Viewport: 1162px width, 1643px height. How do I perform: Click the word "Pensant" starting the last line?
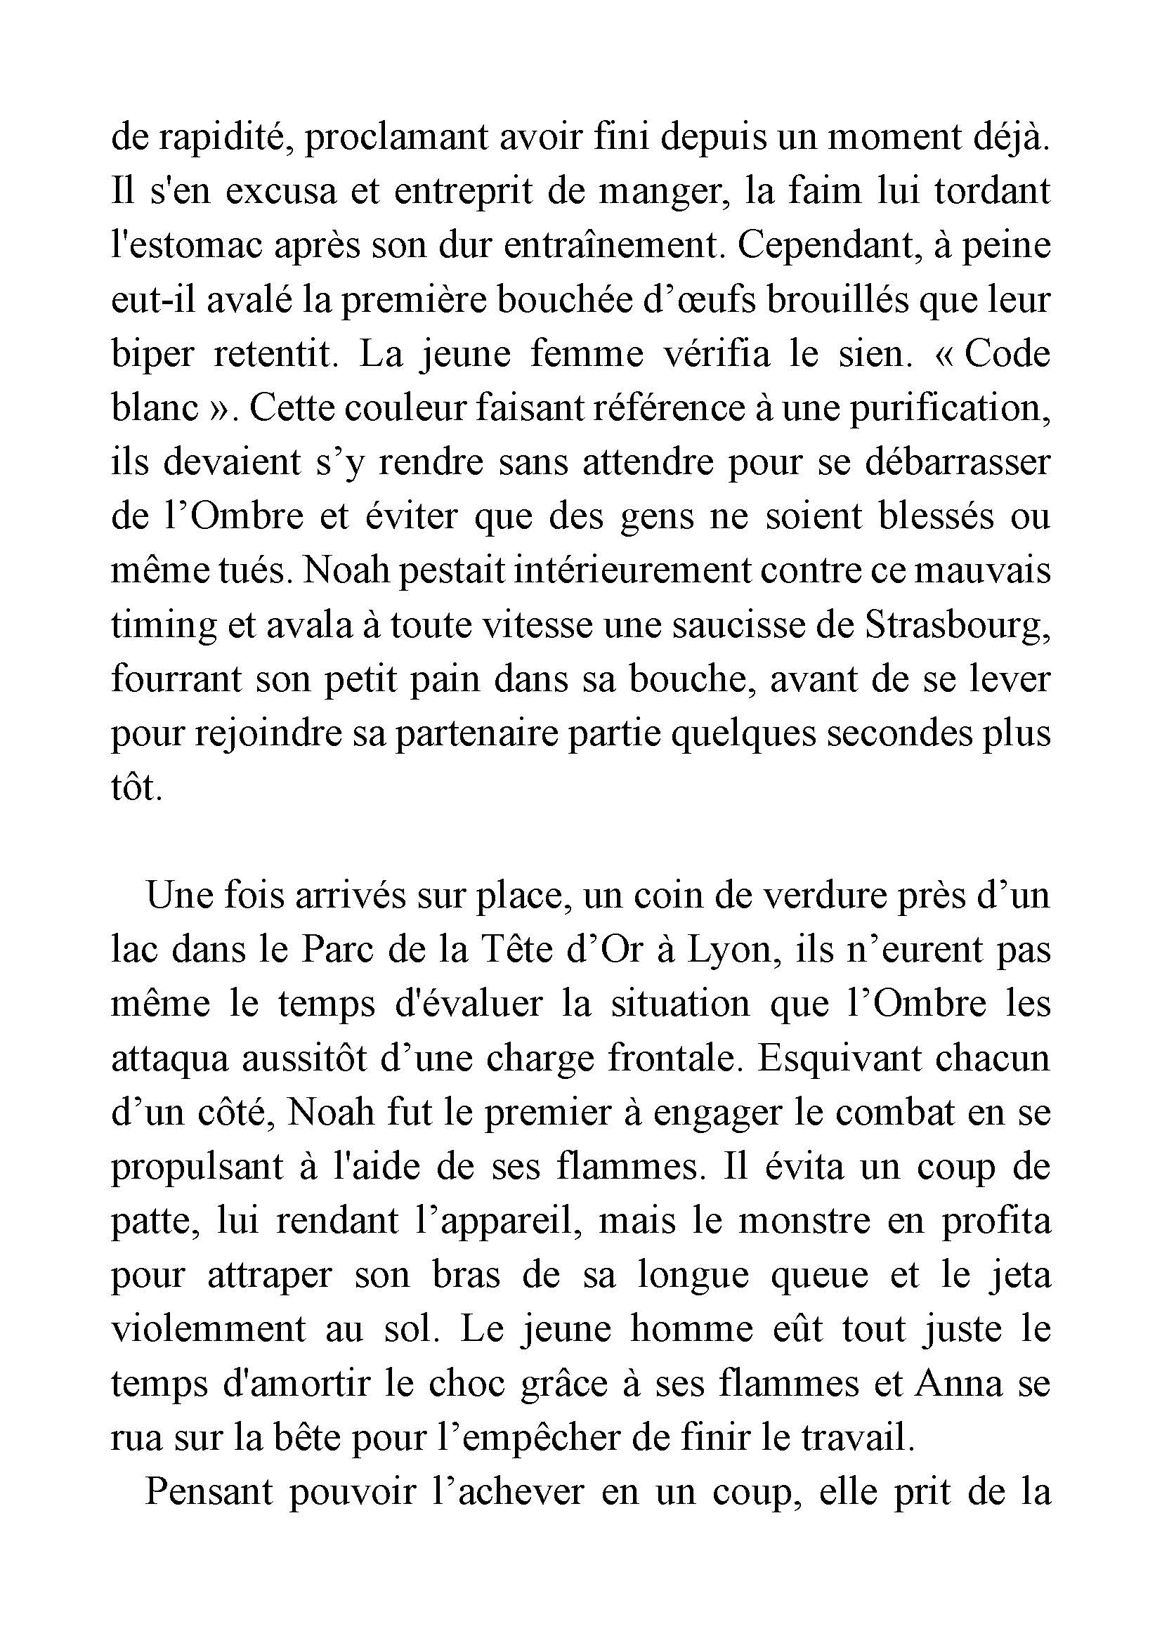coord(209,1493)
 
